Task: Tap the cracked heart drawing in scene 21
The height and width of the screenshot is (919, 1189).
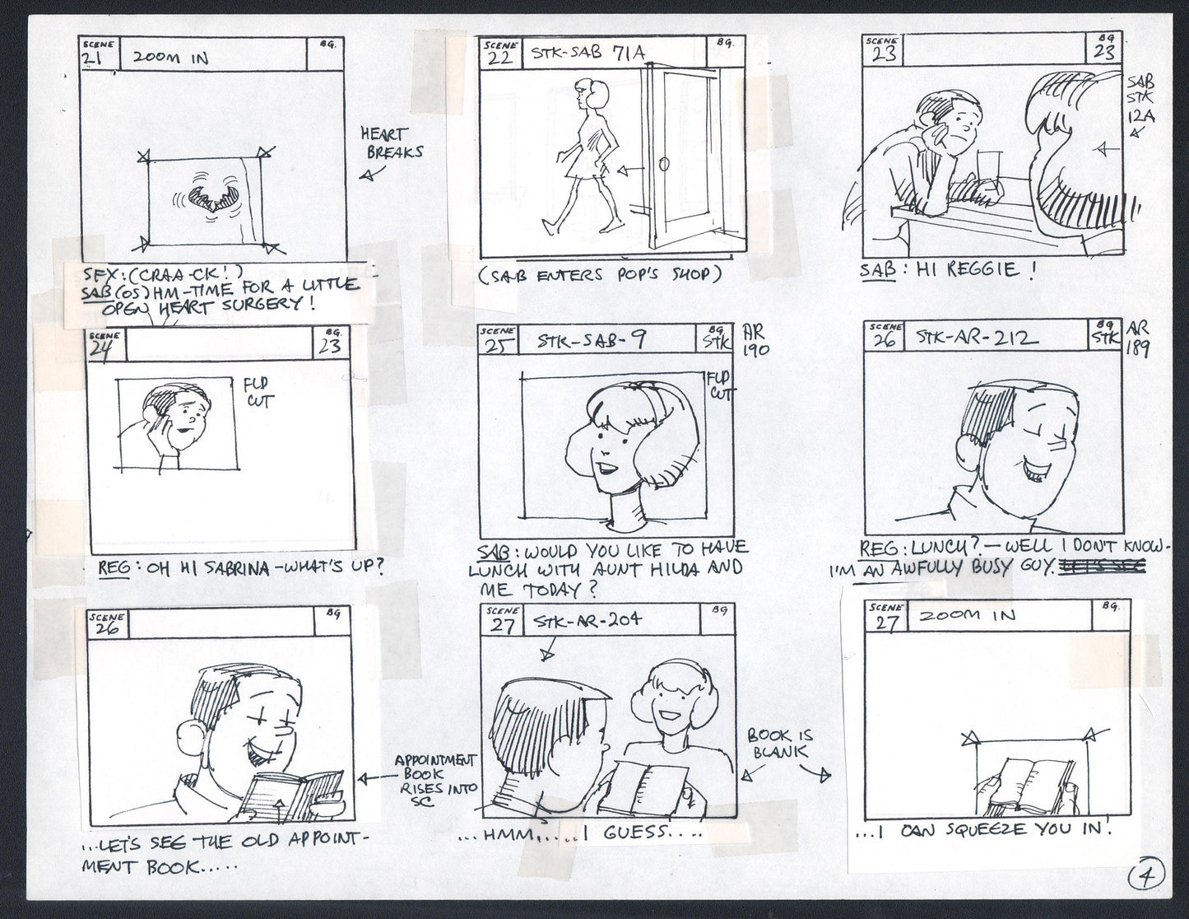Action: (x=213, y=199)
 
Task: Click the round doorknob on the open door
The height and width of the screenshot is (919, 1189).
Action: (x=663, y=166)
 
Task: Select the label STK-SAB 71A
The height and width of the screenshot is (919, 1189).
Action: (x=588, y=54)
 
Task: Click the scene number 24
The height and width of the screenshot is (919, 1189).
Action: (x=105, y=348)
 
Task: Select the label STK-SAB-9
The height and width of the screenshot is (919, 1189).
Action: (x=591, y=340)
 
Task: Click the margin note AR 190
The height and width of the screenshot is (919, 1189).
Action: (x=755, y=340)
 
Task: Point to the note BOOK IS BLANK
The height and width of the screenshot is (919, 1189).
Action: (x=778, y=743)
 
